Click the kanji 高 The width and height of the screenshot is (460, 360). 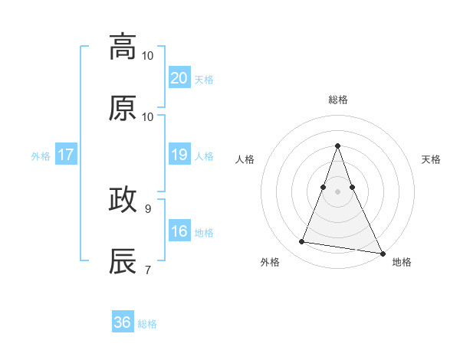click(123, 47)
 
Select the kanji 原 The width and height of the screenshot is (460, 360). click(123, 108)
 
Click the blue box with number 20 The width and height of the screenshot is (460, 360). click(179, 78)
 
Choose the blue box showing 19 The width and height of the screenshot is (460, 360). click(179, 155)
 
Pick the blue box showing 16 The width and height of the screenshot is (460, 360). click(179, 231)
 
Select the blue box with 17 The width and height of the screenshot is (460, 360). click(66, 155)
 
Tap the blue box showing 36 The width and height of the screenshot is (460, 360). click(122, 322)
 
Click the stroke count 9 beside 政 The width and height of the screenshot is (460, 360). click(148, 208)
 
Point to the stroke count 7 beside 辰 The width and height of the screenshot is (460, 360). click(148, 269)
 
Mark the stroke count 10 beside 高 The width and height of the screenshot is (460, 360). click(148, 55)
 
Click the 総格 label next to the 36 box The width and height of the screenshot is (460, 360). click(147, 324)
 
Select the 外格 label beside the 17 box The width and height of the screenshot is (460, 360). click(41, 156)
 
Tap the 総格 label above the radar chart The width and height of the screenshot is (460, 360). click(337, 100)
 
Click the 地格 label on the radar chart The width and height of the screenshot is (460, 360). click(402, 263)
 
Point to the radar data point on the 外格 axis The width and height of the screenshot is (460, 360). click(301, 242)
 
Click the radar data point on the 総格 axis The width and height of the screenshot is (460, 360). click(337, 146)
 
